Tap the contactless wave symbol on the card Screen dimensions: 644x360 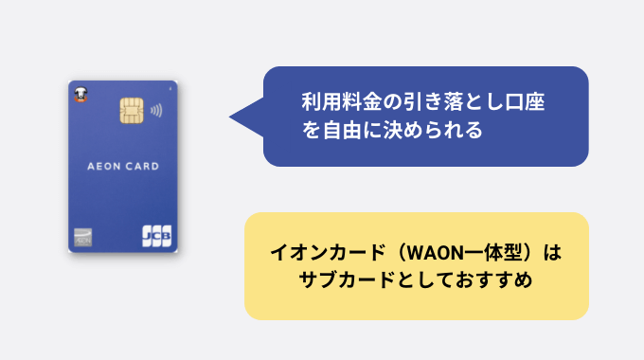click(155, 109)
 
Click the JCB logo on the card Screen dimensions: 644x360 click(156, 235)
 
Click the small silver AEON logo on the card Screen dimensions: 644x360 click(82, 237)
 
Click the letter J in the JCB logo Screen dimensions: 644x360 click(148, 235)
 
